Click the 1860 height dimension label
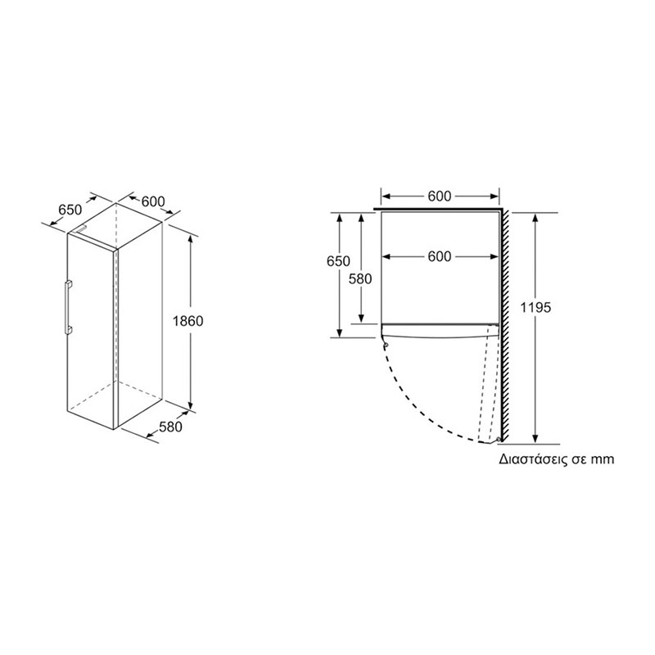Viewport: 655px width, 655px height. tap(188, 321)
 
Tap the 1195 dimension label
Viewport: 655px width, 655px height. tap(536, 308)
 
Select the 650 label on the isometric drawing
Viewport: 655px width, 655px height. tap(70, 210)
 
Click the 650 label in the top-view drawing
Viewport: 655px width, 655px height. tap(338, 261)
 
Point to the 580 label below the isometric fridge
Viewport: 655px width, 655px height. tap(170, 427)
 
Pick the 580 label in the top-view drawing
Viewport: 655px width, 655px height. tap(360, 278)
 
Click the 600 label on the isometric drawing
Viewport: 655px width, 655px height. tap(153, 201)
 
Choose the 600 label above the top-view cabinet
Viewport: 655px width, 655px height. tap(440, 196)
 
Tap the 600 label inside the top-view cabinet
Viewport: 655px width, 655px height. tap(440, 256)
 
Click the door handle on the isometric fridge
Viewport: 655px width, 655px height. tap(67, 308)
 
